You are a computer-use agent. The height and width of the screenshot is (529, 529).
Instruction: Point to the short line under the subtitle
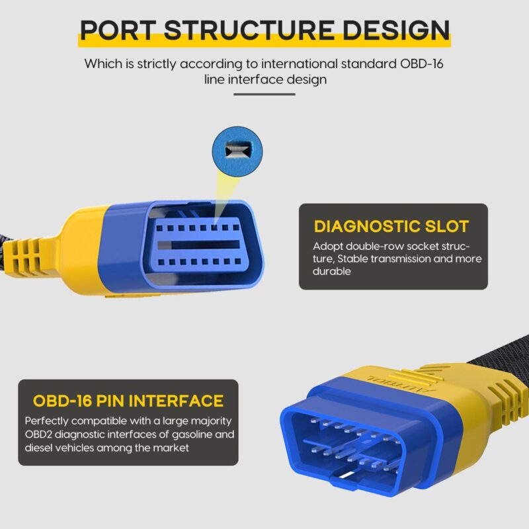click(x=264, y=94)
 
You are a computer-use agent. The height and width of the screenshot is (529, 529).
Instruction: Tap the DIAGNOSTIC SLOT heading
click(x=391, y=227)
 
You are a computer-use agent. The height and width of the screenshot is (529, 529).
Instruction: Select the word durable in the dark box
click(x=332, y=271)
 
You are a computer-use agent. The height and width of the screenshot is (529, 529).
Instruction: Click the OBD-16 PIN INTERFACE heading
click(x=128, y=401)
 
